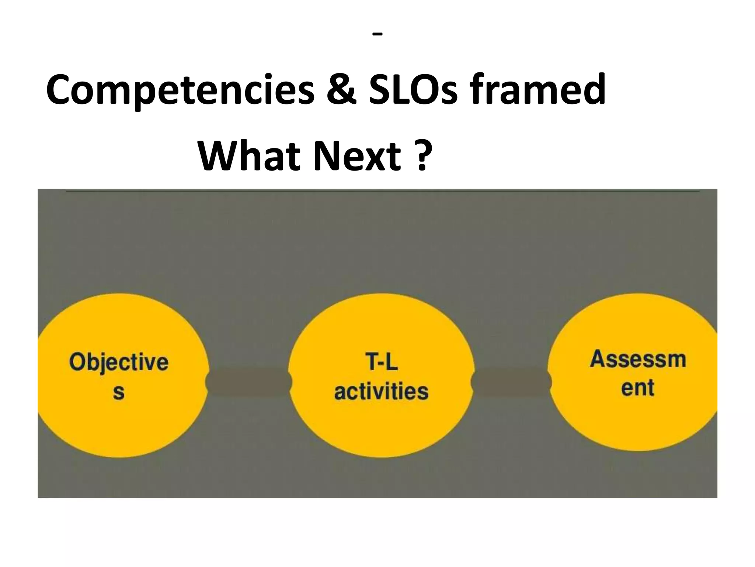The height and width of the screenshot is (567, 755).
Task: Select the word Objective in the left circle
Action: coord(119,362)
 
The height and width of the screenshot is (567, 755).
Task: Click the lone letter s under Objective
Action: coord(119,392)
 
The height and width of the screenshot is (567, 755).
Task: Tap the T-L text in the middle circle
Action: coord(382,362)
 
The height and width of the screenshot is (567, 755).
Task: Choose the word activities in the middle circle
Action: coord(382,391)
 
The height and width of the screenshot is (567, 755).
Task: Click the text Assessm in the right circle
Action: coord(638,359)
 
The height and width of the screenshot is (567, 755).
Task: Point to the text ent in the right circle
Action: coord(637,388)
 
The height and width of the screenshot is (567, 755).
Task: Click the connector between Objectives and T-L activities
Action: coord(249,382)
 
